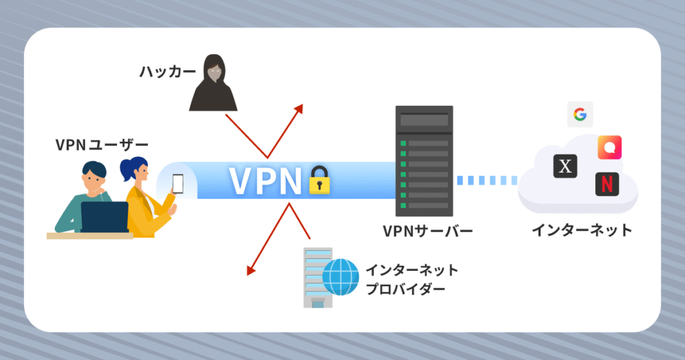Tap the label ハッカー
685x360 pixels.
159,70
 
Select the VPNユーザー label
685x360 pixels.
101,144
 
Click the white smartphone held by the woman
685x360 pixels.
179,183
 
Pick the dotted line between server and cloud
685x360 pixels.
487,180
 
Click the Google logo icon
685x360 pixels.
580,115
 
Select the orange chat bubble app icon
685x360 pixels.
609,147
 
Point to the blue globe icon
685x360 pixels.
340,277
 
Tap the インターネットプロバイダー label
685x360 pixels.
411,280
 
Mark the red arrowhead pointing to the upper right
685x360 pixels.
298,108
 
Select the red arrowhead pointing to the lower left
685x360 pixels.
251,270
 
